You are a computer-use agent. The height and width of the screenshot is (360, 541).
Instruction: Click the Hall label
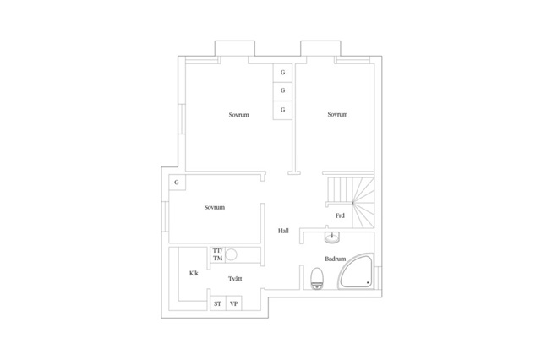pos(283,231)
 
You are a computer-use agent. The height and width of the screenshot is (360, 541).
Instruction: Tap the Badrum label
pos(335,259)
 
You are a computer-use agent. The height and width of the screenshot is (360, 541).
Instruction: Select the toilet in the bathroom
pos(317,279)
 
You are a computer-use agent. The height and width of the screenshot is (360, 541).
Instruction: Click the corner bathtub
pos(357,272)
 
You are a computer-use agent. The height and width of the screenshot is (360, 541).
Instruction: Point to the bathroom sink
pos(332,237)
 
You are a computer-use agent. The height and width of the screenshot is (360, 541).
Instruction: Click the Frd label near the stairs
pos(340,215)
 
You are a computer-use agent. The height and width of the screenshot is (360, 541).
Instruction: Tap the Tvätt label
pos(235,279)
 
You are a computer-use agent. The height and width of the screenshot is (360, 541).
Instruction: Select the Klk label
pos(194,273)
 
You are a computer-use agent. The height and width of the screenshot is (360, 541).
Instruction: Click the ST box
pos(218,303)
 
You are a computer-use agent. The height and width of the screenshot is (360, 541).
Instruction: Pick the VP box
pos(234,303)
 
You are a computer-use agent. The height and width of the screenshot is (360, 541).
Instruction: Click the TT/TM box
pos(218,255)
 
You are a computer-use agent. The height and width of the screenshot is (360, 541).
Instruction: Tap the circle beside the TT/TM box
pos(232,255)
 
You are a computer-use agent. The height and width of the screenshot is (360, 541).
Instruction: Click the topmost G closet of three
pos(282,73)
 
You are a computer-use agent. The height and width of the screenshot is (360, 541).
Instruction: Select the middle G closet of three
pos(282,91)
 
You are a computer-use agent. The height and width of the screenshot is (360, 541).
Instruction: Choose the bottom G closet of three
pos(282,110)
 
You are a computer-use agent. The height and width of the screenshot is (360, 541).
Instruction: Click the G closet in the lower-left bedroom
pos(177,183)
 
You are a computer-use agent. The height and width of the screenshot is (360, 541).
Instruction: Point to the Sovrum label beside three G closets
pos(238,115)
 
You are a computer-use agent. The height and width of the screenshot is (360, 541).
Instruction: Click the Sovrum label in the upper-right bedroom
pos(337,114)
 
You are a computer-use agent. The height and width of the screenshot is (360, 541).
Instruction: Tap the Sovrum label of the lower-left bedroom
pos(214,207)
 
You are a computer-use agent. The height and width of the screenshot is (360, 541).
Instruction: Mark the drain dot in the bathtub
pos(368,283)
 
